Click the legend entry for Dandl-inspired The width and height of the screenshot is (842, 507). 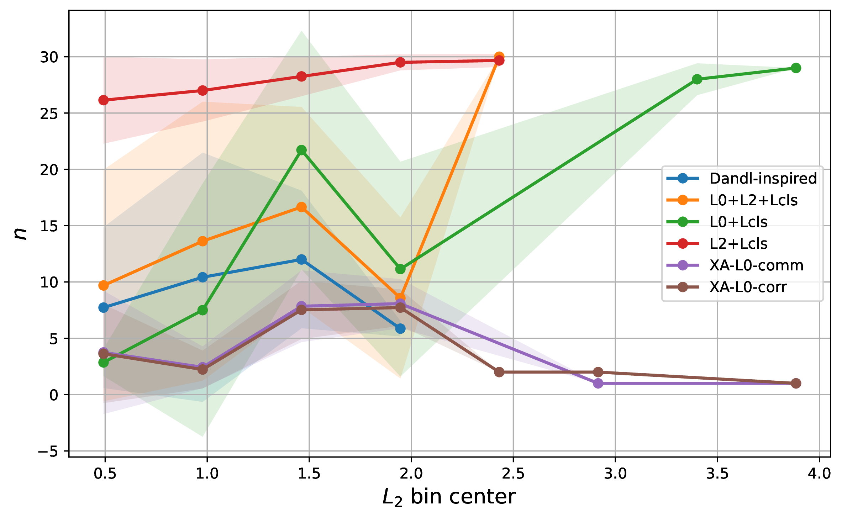[x=742, y=178]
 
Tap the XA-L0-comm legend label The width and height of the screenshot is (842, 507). [x=757, y=265]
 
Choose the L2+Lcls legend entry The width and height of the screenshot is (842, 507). [x=717, y=244]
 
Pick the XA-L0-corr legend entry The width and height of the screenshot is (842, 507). [x=727, y=287]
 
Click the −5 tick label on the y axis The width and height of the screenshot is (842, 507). [x=48, y=451]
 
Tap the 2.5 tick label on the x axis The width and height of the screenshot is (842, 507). [x=513, y=474]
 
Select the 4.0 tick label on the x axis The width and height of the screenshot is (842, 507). [x=819, y=474]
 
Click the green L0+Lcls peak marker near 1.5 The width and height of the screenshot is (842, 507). [x=301, y=150]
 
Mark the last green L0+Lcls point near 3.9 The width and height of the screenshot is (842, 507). [x=796, y=68]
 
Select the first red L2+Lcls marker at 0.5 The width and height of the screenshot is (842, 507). [x=104, y=100]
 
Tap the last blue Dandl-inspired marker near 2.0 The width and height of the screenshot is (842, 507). [x=400, y=328]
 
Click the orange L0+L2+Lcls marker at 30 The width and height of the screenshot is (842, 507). [x=499, y=56]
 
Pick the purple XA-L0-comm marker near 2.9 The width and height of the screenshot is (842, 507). [x=598, y=383]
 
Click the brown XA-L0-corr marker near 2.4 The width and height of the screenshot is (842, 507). [x=499, y=372]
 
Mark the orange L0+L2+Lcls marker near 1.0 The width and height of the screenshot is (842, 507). [x=202, y=241]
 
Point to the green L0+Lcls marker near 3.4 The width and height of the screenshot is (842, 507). [x=697, y=79]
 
